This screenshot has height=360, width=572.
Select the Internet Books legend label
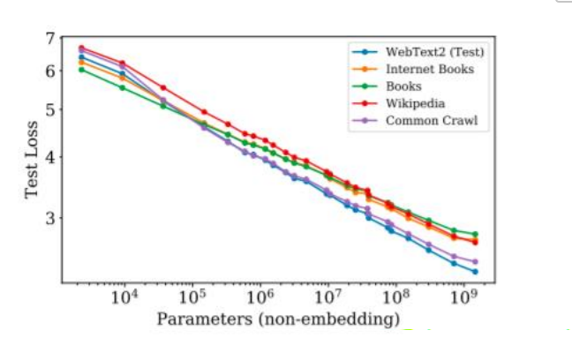tap(430, 69)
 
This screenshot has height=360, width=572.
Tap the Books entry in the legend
tap(404, 86)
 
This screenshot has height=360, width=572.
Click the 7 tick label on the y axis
tap(50, 39)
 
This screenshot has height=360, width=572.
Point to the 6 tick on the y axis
tap(50, 71)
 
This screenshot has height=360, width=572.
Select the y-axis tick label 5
tap(50, 109)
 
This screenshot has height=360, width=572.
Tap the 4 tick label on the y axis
tap(50, 157)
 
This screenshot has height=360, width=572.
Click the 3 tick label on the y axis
tap(50, 218)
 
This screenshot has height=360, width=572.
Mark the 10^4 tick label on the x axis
tap(124, 297)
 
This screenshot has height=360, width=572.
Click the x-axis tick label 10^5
tap(192, 297)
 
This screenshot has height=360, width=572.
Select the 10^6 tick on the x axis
tap(260, 297)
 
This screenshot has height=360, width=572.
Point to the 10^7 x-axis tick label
tap(327, 297)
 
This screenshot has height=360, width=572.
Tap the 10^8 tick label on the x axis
tap(395, 297)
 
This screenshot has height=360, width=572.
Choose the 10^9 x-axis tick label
tap(463, 297)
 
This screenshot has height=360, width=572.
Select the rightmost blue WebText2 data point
tap(475, 271)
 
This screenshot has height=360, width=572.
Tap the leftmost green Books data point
tap(81, 69)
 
